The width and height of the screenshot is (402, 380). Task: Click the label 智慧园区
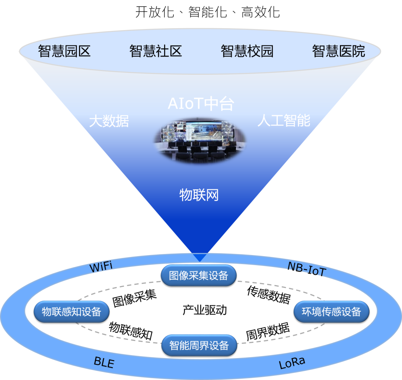(x=64, y=51)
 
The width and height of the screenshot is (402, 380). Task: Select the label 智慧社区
(x=156, y=51)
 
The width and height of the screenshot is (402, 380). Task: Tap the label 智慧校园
(x=247, y=51)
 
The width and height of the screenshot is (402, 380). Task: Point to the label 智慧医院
(x=338, y=51)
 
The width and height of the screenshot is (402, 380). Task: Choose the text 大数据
(x=109, y=121)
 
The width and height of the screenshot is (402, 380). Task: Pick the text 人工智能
(x=284, y=120)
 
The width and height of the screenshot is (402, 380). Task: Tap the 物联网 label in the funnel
(x=199, y=195)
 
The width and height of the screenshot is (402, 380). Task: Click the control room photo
(x=200, y=141)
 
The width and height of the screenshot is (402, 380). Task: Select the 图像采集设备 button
(x=198, y=276)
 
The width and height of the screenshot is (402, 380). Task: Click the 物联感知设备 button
(x=71, y=312)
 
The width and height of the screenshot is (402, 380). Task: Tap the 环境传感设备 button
(x=331, y=312)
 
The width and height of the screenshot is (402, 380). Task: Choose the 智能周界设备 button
(x=199, y=345)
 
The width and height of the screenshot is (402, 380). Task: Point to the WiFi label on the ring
(x=101, y=267)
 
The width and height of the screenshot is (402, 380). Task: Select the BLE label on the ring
(x=104, y=362)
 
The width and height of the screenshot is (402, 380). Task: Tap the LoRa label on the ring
(x=292, y=363)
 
